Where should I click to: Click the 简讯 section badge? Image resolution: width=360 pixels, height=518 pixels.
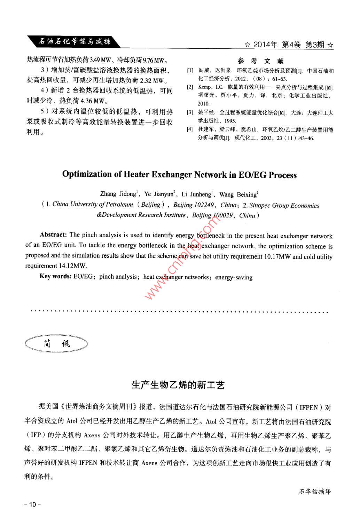pyautogui.click(x=56, y=344)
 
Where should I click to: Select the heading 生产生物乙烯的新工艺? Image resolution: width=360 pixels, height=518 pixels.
pyautogui.click(x=178, y=384)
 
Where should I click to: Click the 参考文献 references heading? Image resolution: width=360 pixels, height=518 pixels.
pyautogui.click(x=261, y=61)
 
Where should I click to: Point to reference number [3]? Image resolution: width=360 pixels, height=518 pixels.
pyautogui.click(x=190, y=112)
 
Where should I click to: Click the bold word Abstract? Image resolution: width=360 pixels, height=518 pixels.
pyautogui.click(x=53, y=235)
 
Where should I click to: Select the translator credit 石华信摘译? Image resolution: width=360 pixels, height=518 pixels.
pyautogui.click(x=314, y=492)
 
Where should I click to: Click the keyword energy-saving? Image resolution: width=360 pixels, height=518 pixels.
pyautogui.click(x=234, y=277)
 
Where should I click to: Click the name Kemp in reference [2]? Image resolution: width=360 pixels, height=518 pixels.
pyautogui.click(x=204, y=87)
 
